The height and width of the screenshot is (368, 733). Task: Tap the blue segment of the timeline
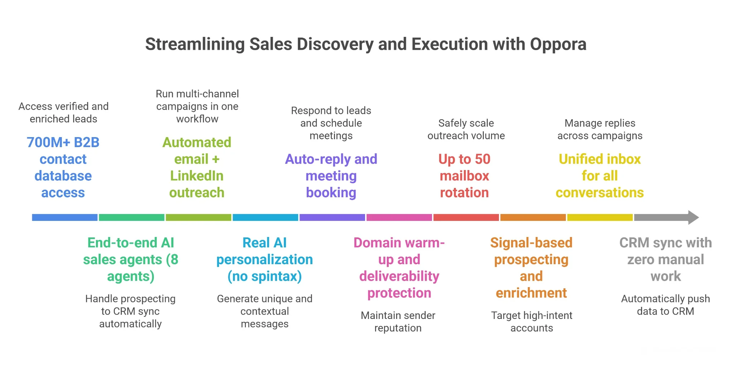(x=65, y=217)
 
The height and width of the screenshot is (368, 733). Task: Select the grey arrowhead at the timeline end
(x=693, y=217)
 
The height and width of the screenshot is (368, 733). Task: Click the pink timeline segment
(x=399, y=217)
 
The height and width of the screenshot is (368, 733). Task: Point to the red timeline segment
(x=466, y=217)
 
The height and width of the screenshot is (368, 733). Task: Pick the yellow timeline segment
(x=600, y=217)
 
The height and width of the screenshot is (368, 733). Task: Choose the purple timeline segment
(x=332, y=217)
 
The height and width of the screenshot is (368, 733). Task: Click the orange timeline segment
(x=533, y=217)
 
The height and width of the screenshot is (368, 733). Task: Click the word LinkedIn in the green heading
(x=197, y=176)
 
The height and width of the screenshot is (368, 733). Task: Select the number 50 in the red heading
(x=482, y=159)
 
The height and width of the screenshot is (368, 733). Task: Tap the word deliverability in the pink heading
(x=399, y=276)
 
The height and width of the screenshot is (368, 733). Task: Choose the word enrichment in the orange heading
(x=531, y=293)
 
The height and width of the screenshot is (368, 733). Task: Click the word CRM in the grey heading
(x=634, y=243)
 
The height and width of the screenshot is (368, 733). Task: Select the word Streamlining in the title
(x=195, y=44)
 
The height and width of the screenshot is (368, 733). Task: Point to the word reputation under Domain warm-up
(x=398, y=328)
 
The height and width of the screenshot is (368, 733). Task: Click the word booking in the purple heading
(x=331, y=193)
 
